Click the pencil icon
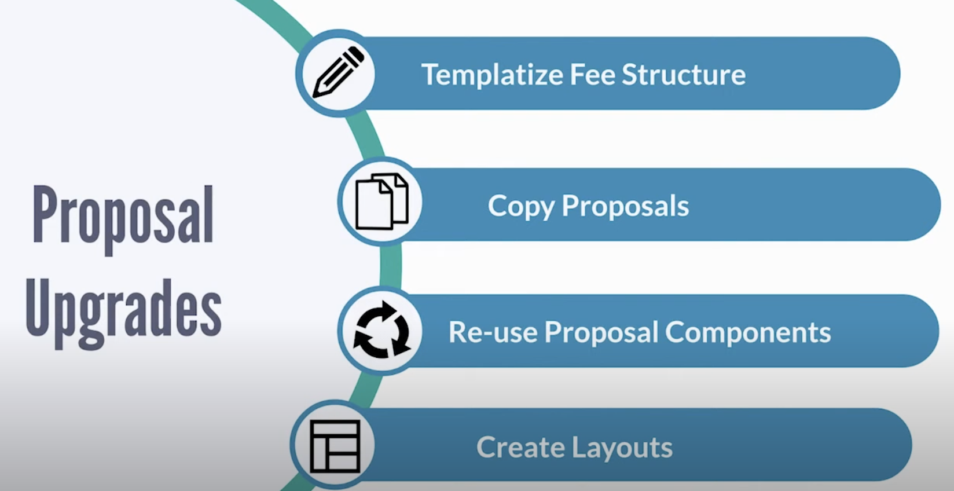coord(338,73)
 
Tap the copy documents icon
coord(381,201)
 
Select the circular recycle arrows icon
coord(381,330)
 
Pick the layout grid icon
coord(335,446)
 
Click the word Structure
coord(684,75)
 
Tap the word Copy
coord(520,206)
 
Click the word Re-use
coord(493,332)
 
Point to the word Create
coord(520,448)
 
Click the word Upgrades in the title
coord(123,310)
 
